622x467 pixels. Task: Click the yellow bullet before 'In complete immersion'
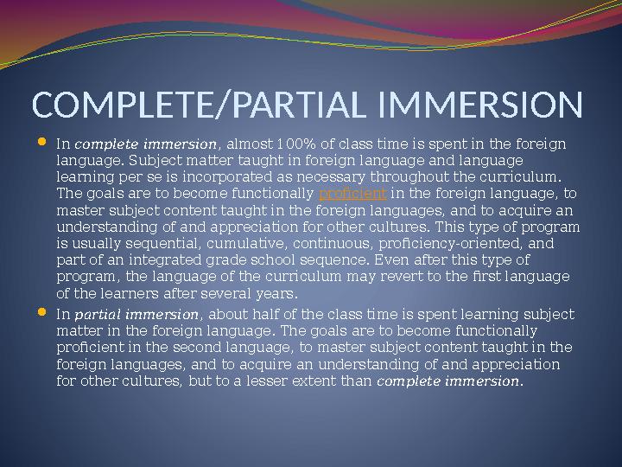coord(44,141)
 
